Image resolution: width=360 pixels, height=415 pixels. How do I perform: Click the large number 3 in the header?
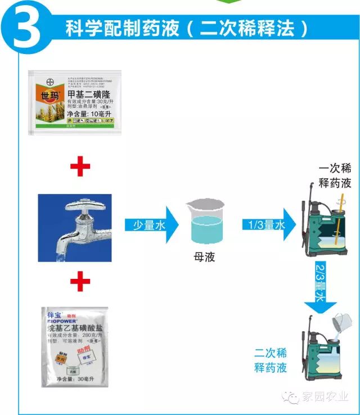pyautogui.click(x=26, y=28)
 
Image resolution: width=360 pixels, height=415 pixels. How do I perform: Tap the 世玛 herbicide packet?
pyautogui.click(x=74, y=102)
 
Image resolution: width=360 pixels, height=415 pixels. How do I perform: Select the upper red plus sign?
pyautogui.click(x=79, y=166)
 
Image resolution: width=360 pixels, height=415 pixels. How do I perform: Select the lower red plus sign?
pyautogui.click(x=79, y=279)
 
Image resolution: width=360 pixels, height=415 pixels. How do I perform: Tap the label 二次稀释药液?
pyautogui.click(x=270, y=360)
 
